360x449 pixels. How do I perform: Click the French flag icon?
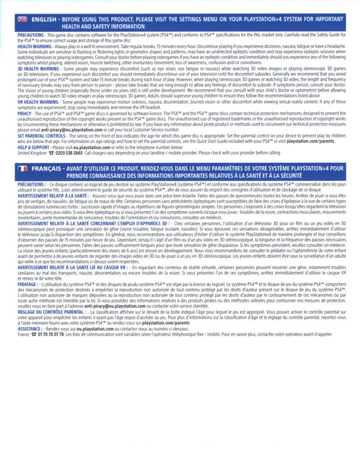click(x=22, y=168)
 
